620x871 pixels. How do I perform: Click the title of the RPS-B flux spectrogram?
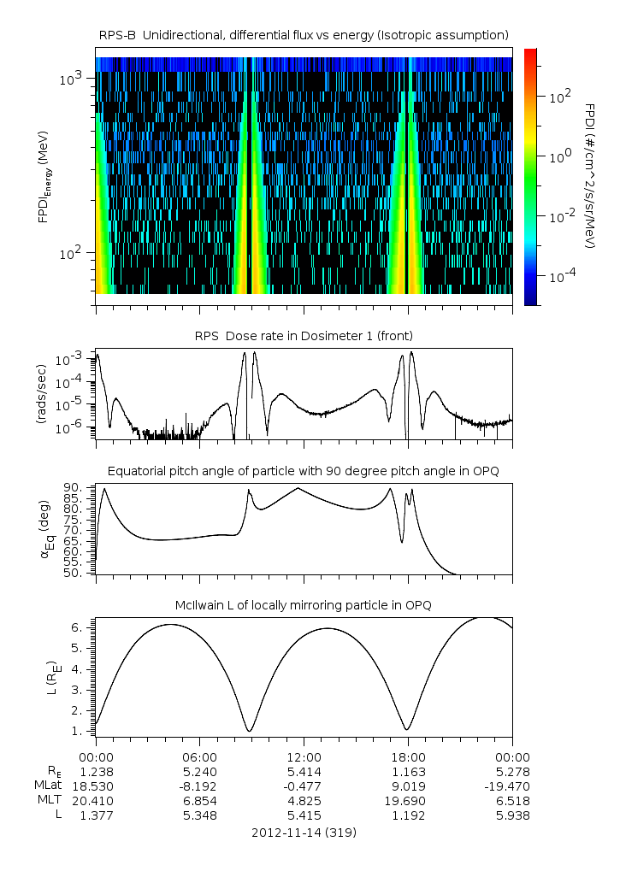pyautogui.click(x=304, y=34)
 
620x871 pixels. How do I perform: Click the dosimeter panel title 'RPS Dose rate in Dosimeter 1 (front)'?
pyautogui.click(x=304, y=335)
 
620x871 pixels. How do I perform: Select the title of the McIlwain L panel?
pyautogui.click(x=304, y=605)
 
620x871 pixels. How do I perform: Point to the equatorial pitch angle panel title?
pyautogui.click(x=304, y=471)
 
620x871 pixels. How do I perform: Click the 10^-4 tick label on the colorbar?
pyautogui.click(x=561, y=277)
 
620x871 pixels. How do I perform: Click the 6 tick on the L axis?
pyautogui.click(x=81, y=627)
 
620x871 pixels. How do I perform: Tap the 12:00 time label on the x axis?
pyautogui.click(x=304, y=757)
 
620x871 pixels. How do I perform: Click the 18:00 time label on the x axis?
pyautogui.click(x=408, y=757)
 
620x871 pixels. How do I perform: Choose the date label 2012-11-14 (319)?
pyautogui.click(x=304, y=832)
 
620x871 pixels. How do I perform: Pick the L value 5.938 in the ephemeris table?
pyautogui.click(x=511, y=815)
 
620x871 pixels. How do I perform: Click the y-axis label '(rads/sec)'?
pyautogui.click(x=41, y=394)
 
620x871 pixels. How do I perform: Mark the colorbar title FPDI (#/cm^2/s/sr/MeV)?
pyautogui.click(x=590, y=176)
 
